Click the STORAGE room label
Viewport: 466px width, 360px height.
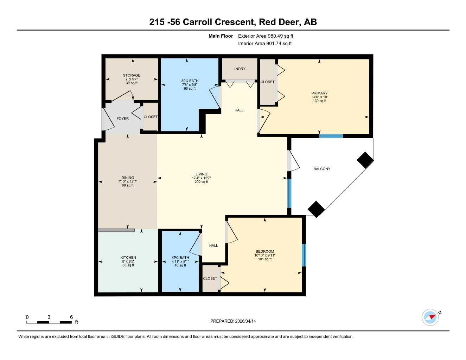[132, 75]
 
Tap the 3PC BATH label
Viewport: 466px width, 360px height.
[190, 81]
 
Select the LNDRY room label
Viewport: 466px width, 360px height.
[240, 69]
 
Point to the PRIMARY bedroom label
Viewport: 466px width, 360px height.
[319, 93]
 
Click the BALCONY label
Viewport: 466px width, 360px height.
[322, 169]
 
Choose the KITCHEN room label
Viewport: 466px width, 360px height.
[128, 258]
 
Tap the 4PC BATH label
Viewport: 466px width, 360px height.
[180, 258]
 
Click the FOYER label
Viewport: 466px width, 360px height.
[123, 118]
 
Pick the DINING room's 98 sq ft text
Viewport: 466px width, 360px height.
[128, 185]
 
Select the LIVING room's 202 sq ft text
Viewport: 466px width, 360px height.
[202, 182]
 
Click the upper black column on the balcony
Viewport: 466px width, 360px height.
[365, 160]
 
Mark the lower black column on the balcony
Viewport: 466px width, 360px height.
[316, 209]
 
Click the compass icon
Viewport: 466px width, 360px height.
[430, 317]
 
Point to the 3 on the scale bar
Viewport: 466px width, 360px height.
[49, 317]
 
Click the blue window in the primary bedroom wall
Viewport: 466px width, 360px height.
[331, 136]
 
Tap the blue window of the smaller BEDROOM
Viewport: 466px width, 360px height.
[304, 255]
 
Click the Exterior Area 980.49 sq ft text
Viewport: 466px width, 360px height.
[266, 36]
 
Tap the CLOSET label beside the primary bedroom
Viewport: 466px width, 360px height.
[267, 82]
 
